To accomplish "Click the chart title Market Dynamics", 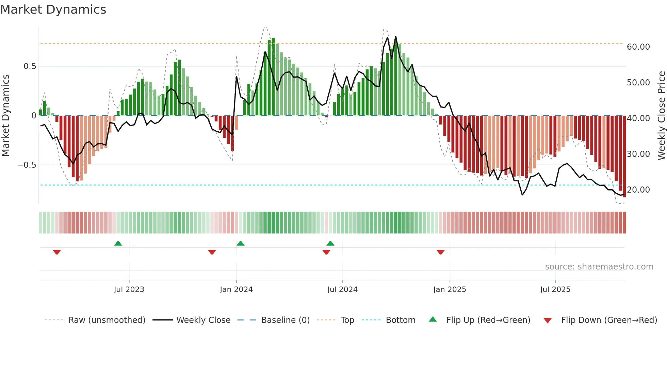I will tap(53, 10).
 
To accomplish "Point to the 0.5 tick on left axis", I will tap(30, 66).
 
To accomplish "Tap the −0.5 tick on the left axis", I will tap(27, 165).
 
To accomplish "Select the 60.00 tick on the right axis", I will tap(638, 47).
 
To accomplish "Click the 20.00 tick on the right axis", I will tap(638, 190).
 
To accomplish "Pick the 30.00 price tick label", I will tap(638, 154).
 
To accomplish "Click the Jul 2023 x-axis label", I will tap(129, 290).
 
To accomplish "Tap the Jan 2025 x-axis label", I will tap(450, 290).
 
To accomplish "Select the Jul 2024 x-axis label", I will tap(342, 290).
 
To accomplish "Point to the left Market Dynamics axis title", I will tap(5, 116).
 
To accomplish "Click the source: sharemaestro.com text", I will tap(599, 267).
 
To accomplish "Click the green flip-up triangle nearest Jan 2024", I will tap(241, 244).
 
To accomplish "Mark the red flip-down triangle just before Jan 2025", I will tap(440, 252).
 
